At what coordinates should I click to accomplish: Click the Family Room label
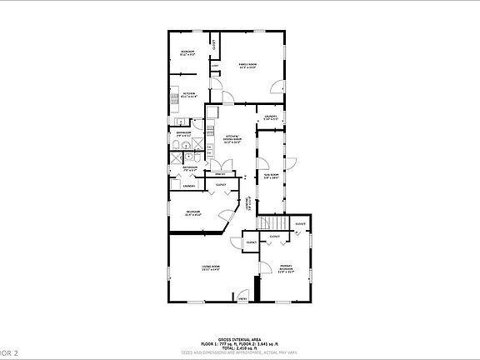(x=247, y=66)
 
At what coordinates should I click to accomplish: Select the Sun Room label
(x=271, y=176)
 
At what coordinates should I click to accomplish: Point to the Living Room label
(x=209, y=268)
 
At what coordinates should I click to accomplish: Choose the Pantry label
(x=221, y=174)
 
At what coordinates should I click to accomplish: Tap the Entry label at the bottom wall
(x=243, y=298)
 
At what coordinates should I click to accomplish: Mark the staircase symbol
(x=272, y=223)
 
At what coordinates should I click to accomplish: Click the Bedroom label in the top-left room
(x=187, y=53)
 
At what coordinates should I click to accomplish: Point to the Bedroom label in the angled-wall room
(x=193, y=212)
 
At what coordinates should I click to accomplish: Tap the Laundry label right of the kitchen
(x=269, y=117)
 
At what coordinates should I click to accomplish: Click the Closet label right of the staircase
(x=299, y=223)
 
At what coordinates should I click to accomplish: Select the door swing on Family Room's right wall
(x=277, y=84)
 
